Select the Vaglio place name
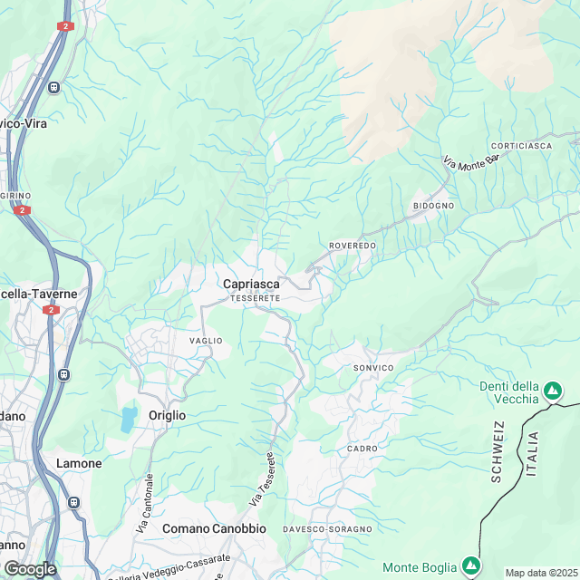click(x=205, y=340)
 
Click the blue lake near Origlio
click(x=129, y=419)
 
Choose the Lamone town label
click(x=79, y=463)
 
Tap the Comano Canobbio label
click(x=214, y=528)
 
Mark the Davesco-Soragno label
click(x=327, y=528)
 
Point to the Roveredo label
click(x=353, y=246)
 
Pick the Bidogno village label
click(x=433, y=206)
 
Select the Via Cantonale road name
click(x=143, y=502)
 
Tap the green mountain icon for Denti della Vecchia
click(x=552, y=392)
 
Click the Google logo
click(x=29, y=568)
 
